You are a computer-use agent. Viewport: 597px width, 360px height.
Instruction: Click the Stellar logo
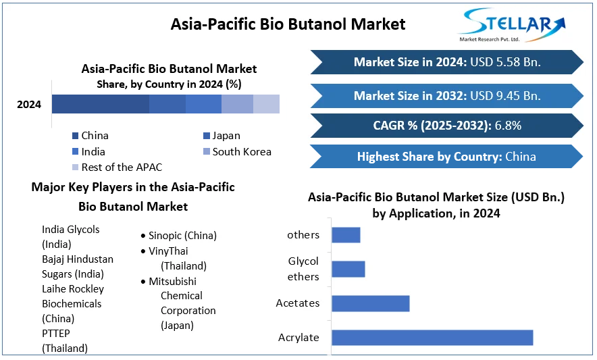pyautogui.click(x=513, y=25)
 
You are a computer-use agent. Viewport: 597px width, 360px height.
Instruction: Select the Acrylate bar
pyautogui.click(x=432, y=338)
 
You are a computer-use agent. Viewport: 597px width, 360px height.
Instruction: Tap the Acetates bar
pyautogui.click(x=371, y=304)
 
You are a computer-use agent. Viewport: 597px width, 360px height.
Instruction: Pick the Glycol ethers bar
pyautogui.click(x=348, y=269)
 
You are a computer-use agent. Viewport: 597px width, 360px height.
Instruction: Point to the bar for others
pyautogui.click(x=346, y=234)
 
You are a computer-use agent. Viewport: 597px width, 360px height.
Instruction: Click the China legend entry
pyautogui.click(x=90, y=136)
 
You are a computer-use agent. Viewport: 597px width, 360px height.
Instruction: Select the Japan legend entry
pyautogui.click(x=222, y=136)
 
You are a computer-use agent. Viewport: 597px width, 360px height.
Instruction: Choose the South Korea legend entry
pyautogui.click(x=237, y=151)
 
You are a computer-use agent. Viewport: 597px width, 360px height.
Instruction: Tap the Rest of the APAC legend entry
pyautogui.click(x=118, y=168)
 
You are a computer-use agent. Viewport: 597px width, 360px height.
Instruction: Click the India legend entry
pyautogui.click(x=88, y=151)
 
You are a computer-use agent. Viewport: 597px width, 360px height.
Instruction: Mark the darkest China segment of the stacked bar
pyautogui.click(x=101, y=104)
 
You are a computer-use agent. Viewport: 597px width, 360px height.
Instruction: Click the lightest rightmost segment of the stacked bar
pyautogui.click(x=266, y=104)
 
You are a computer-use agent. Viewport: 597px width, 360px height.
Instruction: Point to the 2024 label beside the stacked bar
pyautogui.click(x=29, y=105)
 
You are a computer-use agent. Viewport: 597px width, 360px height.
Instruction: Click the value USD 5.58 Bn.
pyautogui.click(x=505, y=62)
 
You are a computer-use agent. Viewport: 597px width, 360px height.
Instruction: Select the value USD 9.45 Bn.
pyautogui.click(x=505, y=96)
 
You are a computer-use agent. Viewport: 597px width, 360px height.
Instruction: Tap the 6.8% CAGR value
pyautogui.click(x=508, y=126)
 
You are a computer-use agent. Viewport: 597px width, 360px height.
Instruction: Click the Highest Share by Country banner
pyautogui.click(x=446, y=157)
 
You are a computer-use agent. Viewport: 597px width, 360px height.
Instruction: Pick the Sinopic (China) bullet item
pyautogui.click(x=179, y=236)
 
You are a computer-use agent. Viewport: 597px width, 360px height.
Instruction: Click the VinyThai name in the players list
pyautogui.click(x=168, y=251)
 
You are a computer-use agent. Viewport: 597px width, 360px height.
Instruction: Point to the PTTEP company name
pyautogui.click(x=56, y=334)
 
